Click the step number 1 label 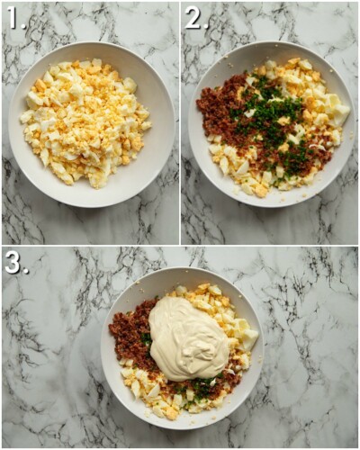(15, 18)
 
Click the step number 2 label (195, 18)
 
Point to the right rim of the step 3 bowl (263, 346)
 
